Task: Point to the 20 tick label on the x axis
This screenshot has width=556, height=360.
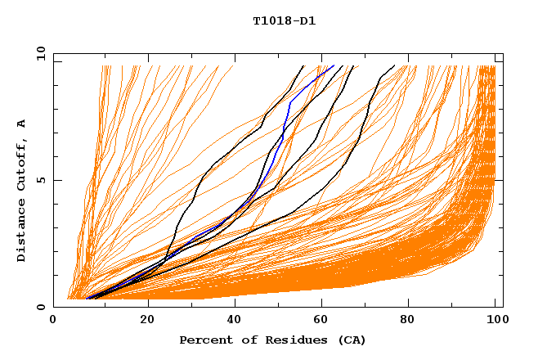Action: [x=147, y=321]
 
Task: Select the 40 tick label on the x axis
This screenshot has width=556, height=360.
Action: [x=236, y=321]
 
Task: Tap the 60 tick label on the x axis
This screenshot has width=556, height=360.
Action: [x=325, y=321]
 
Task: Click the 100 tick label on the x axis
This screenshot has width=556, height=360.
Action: [x=496, y=321]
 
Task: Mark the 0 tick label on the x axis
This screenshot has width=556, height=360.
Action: [x=54, y=321]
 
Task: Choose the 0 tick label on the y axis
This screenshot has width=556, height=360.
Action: [x=40, y=308]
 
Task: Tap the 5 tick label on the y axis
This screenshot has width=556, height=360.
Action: [x=40, y=180]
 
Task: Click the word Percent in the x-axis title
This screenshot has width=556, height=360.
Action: [x=203, y=340]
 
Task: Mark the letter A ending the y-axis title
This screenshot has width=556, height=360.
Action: [x=21, y=124]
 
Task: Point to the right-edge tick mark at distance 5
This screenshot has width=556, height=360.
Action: [x=499, y=180]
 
